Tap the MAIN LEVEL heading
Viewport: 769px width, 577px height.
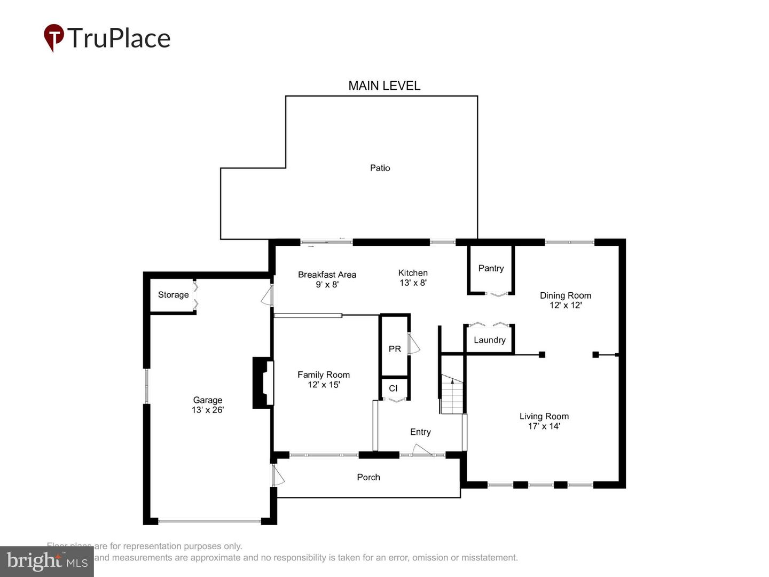384,85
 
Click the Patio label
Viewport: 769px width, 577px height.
380,168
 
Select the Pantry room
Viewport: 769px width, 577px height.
491,268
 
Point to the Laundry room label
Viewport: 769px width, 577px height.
489,340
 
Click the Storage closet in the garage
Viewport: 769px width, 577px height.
173,295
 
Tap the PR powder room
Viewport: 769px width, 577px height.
395,348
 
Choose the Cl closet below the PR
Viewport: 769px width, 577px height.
394,388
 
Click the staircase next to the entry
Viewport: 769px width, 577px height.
452,395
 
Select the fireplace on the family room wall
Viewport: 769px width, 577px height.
263,383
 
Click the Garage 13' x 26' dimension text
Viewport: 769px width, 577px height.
208,410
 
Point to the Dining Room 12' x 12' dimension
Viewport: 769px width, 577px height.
566,305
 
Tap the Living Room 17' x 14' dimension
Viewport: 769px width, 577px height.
544,426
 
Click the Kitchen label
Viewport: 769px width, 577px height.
413,273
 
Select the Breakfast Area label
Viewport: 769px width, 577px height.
327,275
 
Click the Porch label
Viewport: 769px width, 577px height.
368,477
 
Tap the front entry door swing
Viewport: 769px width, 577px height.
422,450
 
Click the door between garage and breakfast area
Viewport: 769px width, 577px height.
268,295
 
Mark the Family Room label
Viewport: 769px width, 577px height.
324,375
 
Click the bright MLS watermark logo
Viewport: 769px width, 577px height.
47,561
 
